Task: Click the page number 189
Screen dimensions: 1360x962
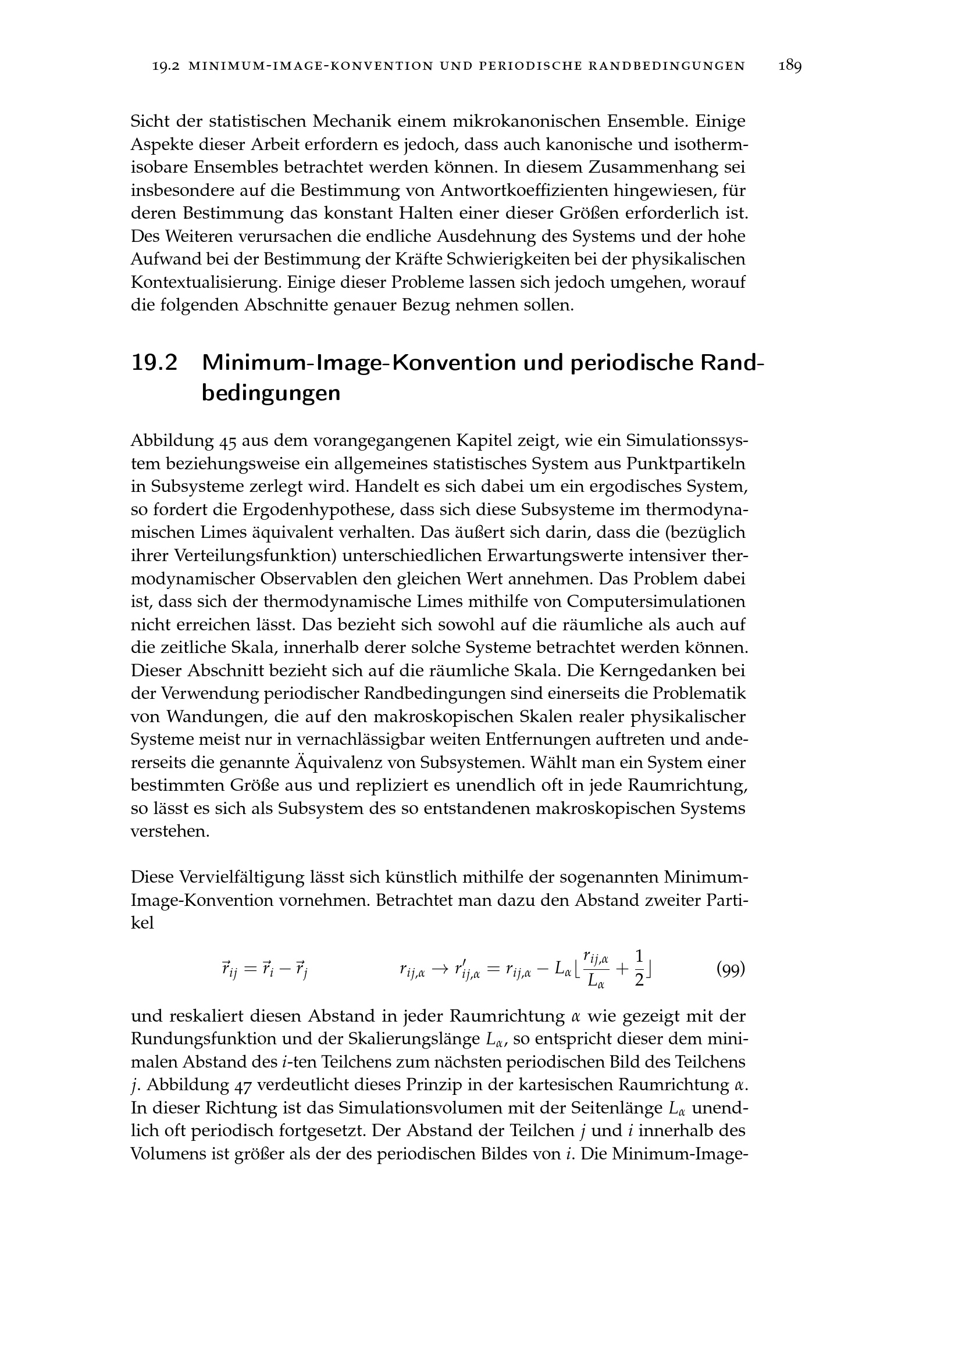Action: [x=790, y=66]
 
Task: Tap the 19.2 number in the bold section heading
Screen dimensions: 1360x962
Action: [x=154, y=362]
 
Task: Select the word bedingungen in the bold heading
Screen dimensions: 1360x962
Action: [x=270, y=393]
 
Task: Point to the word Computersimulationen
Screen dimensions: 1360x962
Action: [x=655, y=601]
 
